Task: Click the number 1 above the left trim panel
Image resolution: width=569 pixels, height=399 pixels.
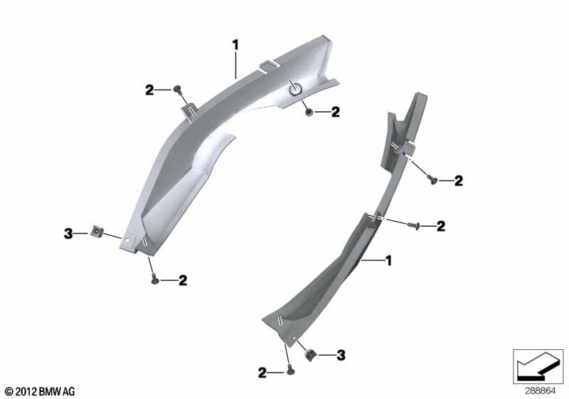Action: click(x=236, y=46)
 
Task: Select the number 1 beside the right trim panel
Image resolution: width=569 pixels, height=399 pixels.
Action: click(x=388, y=261)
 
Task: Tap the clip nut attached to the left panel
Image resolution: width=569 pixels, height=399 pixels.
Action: click(x=97, y=230)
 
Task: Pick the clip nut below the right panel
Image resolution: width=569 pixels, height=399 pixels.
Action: click(x=310, y=354)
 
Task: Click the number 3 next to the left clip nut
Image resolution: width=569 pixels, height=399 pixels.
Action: click(x=68, y=234)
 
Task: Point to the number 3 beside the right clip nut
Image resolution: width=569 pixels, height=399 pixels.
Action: click(x=341, y=355)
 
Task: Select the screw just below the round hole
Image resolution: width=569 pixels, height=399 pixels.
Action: click(x=309, y=112)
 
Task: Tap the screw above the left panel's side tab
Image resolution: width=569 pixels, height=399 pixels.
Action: click(x=178, y=88)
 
